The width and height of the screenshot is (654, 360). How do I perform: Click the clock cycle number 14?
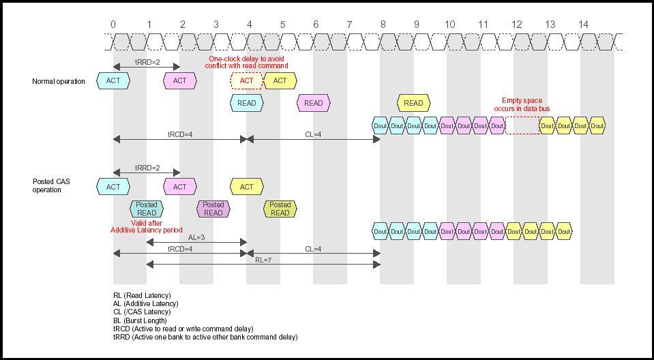point(583,25)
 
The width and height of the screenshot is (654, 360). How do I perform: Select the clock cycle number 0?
point(113,25)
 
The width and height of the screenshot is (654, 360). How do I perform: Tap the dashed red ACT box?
point(246,81)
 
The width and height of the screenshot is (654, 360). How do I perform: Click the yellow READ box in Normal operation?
point(413,103)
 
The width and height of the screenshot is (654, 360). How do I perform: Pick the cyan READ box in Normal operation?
point(246,103)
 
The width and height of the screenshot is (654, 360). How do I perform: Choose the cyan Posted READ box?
point(147,209)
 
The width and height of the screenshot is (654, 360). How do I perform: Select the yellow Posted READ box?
point(280,209)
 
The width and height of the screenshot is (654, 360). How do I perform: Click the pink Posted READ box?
point(213,209)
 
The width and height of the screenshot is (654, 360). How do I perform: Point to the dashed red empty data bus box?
point(522,125)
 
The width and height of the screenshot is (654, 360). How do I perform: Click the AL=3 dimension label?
point(196,238)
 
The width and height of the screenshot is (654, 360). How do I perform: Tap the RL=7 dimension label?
point(263,260)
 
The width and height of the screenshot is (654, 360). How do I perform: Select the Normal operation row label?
point(59,82)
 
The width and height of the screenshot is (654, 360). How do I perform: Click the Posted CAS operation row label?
point(51,186)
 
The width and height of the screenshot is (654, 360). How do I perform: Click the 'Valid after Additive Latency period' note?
point(147,226)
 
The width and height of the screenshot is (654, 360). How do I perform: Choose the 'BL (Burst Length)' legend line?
point(140,320)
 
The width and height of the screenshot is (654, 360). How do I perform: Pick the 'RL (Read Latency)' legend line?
point(142,295)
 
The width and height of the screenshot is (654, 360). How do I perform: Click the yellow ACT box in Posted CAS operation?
point(246,187)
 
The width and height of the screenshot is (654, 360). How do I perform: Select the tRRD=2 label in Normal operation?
point(147,62)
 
